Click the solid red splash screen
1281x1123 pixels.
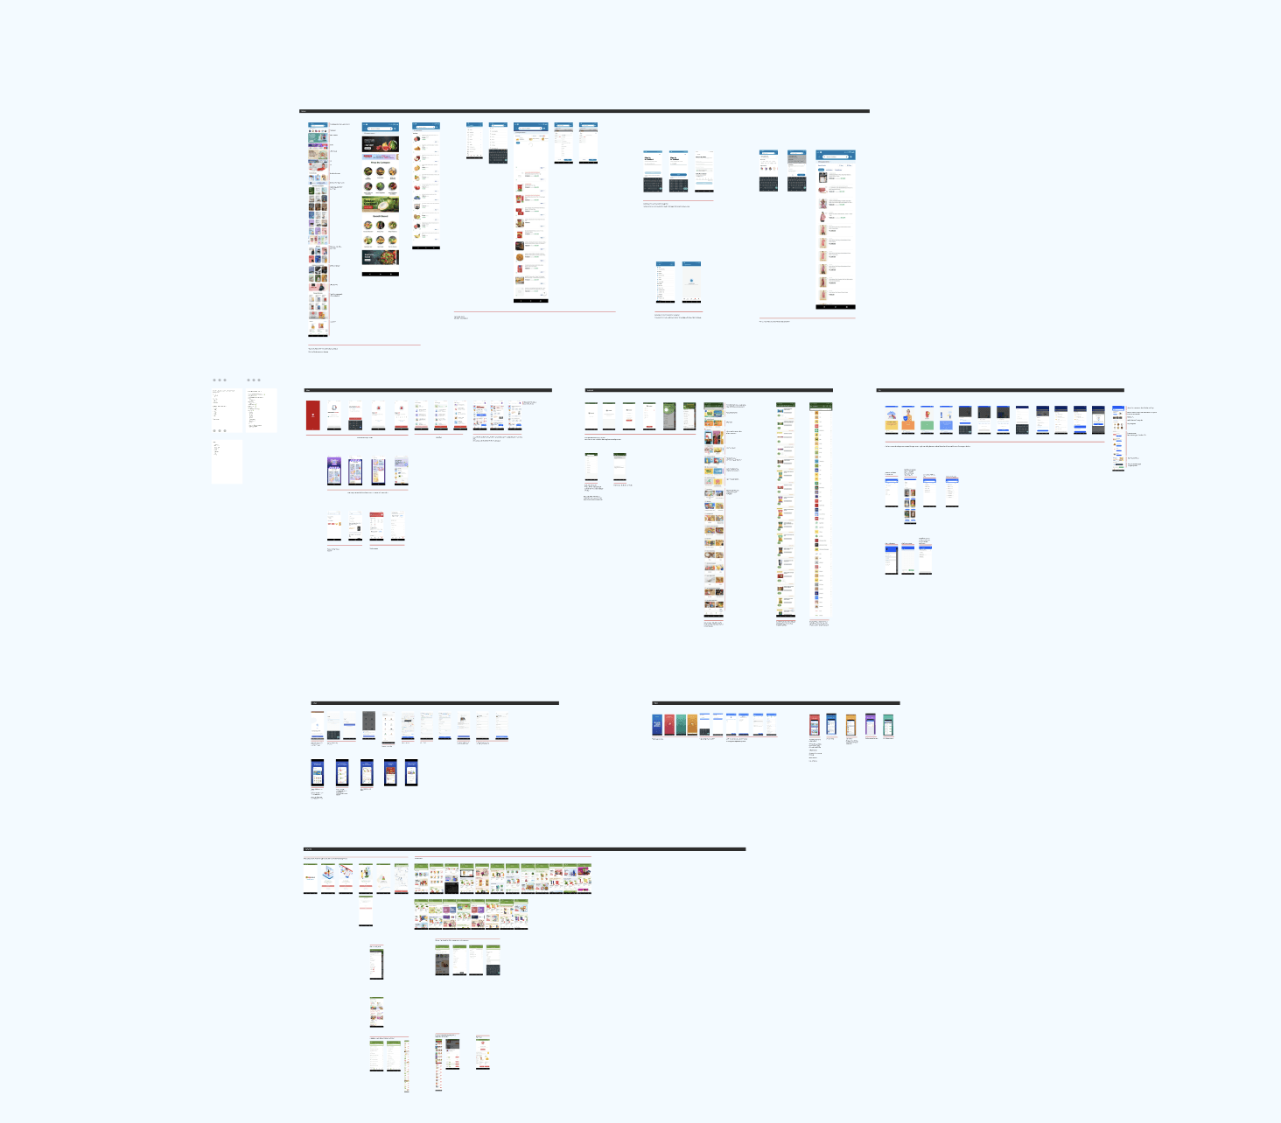point(312,415)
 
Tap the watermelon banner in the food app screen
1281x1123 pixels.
point(381,144)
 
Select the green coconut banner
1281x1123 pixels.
point(381,205)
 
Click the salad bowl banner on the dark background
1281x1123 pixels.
point(381,258)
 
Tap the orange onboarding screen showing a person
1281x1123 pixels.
point(908,419)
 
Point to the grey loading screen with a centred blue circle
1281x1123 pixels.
point(691,282)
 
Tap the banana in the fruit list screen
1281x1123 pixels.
point(417,235)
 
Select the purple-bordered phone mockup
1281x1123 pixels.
point(870,725)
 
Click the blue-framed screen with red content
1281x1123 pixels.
point(390,772)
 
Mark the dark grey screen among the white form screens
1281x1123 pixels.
point(368,725)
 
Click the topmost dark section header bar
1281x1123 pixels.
point(584,111)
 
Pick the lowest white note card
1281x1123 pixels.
point(227,461)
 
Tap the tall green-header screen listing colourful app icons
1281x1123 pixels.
point(820,512)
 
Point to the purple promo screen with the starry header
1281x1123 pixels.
point(334,471)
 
